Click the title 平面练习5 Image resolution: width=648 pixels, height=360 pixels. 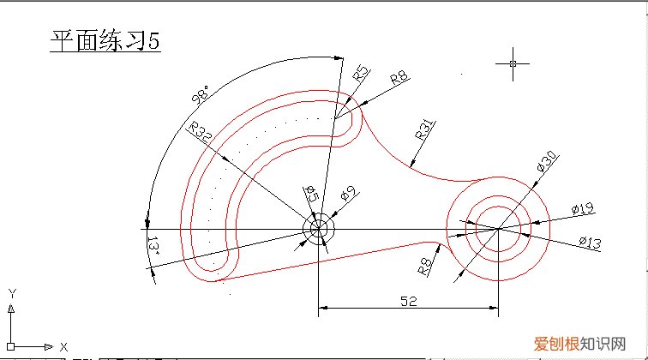(105, 42)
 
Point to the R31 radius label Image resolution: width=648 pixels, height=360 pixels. (423, 130)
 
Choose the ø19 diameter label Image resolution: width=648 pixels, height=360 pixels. (583, 209)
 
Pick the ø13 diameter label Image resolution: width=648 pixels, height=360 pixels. (590, 244)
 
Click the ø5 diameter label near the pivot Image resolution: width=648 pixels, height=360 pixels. (312, 196)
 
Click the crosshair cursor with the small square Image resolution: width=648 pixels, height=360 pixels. (513, 63)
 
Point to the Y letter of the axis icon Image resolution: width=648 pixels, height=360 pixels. (12, 293)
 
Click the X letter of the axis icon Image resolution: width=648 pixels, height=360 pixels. (63, 346)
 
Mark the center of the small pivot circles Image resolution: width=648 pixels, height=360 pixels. (318, 229)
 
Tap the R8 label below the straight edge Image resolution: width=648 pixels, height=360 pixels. (423, 265)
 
